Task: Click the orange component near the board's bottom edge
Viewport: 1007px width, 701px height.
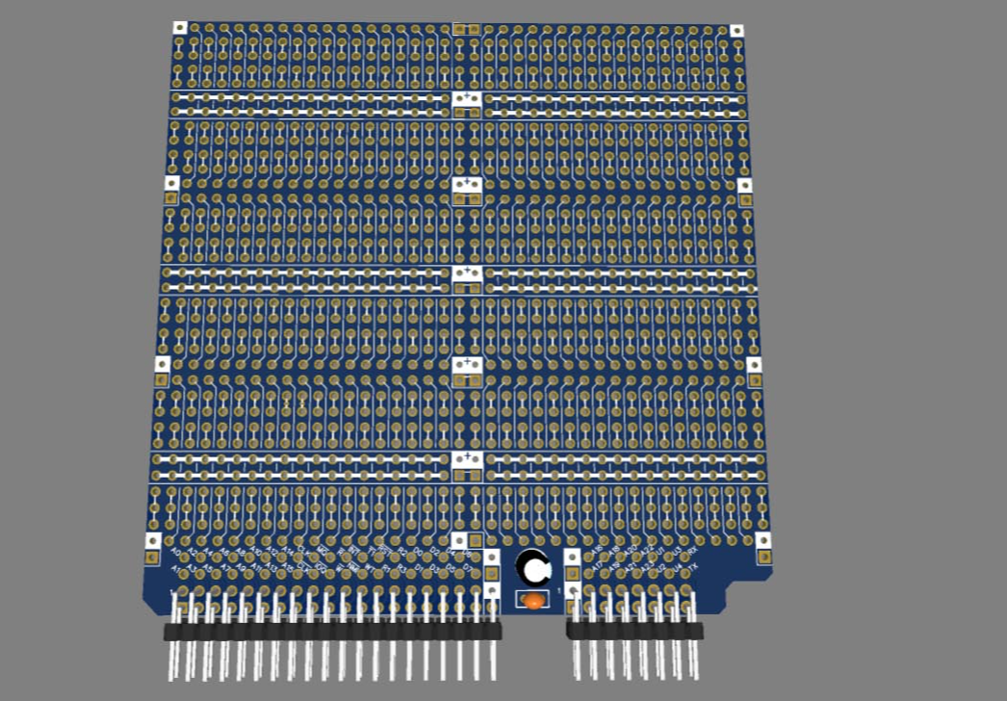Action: click(532, 601)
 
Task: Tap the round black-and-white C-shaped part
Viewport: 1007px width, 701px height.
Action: click(532, 567)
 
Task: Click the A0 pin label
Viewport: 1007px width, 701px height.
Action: click(175, 553)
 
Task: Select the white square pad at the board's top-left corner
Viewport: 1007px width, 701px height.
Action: click(179, 28)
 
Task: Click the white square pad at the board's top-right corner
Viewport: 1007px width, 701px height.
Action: click(736, 31)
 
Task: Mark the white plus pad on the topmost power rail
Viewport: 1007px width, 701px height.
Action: click(467, 98)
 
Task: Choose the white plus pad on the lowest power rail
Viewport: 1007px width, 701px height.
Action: click(467, 458)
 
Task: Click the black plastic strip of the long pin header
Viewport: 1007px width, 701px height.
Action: click(332, 632)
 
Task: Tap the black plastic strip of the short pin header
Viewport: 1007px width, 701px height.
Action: click(634, 631)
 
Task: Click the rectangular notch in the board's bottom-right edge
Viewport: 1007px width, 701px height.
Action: click(746, 584)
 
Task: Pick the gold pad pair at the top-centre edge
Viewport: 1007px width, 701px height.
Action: click(467, 30)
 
